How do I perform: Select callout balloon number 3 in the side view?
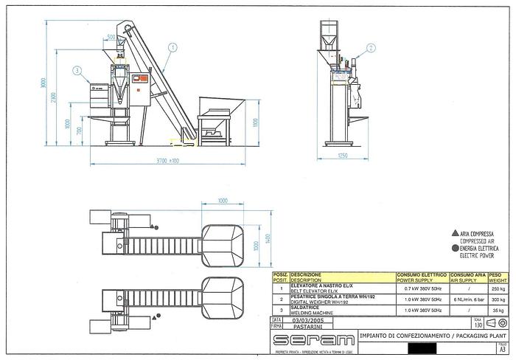77,71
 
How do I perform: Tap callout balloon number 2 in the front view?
371,47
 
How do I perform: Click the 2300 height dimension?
53,99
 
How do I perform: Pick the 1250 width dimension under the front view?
343,156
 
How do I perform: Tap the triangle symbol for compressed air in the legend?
455,233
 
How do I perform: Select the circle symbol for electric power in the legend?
455,249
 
